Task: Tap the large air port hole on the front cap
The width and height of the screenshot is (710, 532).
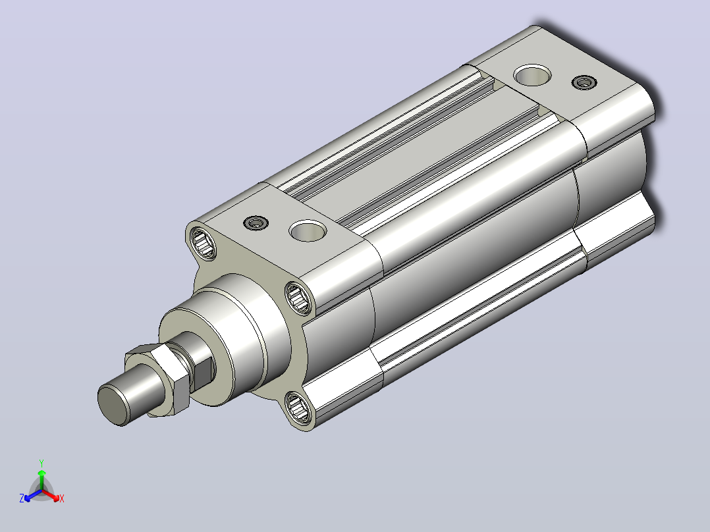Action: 308,231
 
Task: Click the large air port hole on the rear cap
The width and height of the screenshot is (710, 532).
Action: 533,74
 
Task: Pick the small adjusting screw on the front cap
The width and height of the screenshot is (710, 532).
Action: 256,223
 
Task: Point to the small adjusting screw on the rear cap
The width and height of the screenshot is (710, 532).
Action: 584,82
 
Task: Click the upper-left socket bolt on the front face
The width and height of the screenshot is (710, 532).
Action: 203,243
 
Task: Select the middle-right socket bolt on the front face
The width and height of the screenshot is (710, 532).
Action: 299,298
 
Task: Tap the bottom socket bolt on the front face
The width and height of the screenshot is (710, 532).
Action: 299,410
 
